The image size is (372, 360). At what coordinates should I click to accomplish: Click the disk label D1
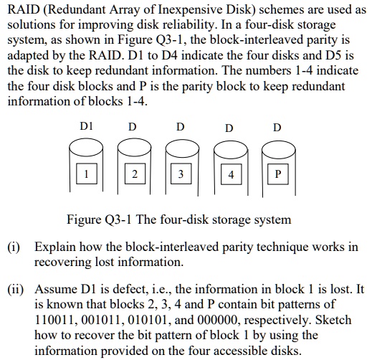click(x=86, y=127)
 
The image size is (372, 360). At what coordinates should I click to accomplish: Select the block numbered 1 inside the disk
click(x=86, y=174)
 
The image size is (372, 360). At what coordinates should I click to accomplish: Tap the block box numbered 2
click(x=133, y=174)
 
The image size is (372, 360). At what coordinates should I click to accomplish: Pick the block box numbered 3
click(x=181, y=174)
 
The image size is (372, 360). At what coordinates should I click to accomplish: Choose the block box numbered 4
click(x=229, y=174)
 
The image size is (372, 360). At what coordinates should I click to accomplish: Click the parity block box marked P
click(x=277, y=174)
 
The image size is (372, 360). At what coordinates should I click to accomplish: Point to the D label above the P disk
click(x=277, y=128)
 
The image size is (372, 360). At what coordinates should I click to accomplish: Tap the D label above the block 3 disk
click(x=181, y=127)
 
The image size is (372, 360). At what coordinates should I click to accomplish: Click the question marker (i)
click(x=14, y=247)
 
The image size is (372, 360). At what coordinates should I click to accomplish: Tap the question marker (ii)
click(x=16, y=289)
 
